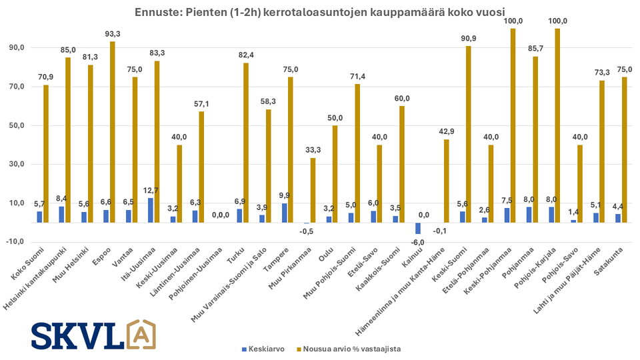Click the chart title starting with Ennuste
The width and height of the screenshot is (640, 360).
pos(319,12)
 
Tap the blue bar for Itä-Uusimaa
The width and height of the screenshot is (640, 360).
pos(150,210)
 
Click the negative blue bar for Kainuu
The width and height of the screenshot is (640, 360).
pos(419,228)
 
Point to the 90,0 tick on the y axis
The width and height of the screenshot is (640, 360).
pos(15,48)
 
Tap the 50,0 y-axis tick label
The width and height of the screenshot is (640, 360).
pos(15,125)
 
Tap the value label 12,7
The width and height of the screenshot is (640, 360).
pos(150,191)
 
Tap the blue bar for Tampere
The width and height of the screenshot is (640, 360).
pos(285,213)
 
